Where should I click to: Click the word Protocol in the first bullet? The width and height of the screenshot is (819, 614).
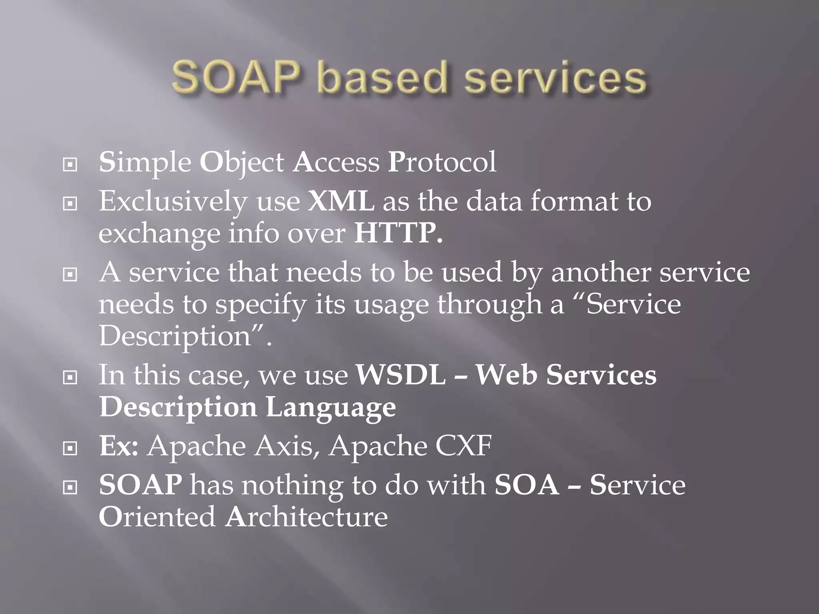[x=442, y=162]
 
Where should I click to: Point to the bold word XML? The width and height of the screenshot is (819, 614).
[x=341, y=201]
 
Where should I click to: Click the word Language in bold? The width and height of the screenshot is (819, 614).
[x=331, y=408]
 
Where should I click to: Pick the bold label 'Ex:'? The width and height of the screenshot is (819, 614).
[x=119, y=446]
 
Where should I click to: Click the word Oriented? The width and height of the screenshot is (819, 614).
[x=157, y=516]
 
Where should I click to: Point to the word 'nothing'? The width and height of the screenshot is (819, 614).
[x=292, y=485]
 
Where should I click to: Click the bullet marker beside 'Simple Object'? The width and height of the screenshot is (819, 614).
[x=70, y=164]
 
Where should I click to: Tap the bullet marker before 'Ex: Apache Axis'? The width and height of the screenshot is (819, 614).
[x=70, y=449]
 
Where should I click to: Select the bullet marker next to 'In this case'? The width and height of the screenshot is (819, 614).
[x=70, y=377]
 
